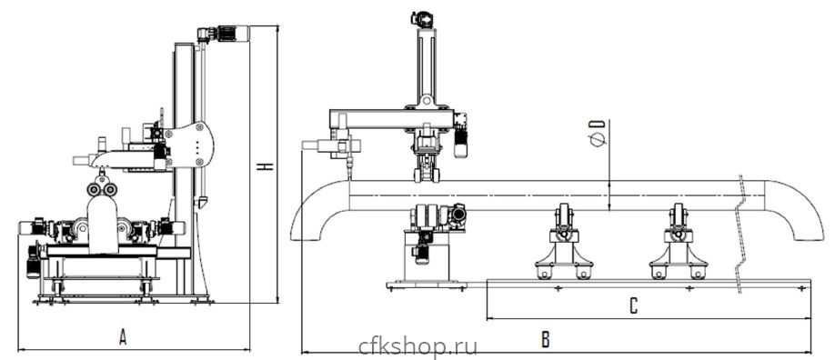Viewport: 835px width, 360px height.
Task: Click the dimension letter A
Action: [123, 337]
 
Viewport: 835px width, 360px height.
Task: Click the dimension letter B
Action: [546, 339]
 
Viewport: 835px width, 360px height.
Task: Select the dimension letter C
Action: [633, 306]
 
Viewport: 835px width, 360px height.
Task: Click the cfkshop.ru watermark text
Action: [418, 346]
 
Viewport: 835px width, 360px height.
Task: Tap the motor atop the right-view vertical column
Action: [422, 20]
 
